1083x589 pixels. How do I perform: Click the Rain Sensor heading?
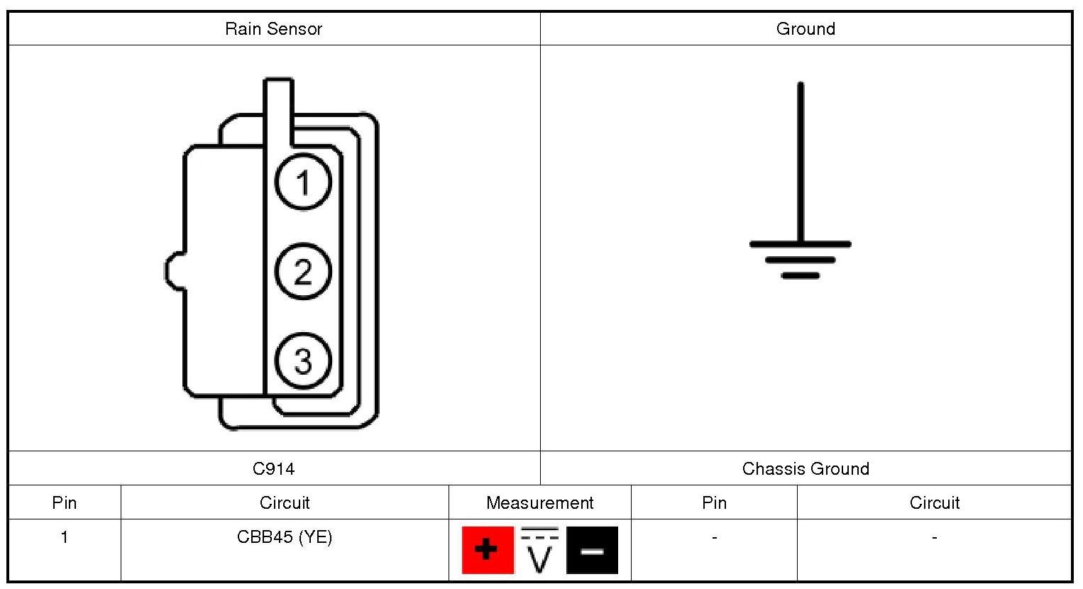[x=273, y=29]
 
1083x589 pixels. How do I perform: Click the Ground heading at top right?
[x=806, y=29]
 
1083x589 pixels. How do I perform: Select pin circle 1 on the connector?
[x=303, y=182]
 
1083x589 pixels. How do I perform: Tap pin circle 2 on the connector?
[x=303, y=272]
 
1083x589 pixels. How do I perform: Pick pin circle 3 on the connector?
[x=303, y=360]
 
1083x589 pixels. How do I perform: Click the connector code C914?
[x=273, y=468]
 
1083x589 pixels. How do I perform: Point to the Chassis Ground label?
[x=806, y=468]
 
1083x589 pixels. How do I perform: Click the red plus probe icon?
[x=488, y=550]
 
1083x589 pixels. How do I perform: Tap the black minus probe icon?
[x=592, y=550]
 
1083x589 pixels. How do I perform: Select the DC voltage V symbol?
[x=540, y=550]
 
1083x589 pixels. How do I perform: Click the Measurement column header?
[x=539, y=502]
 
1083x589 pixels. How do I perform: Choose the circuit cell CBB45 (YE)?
[x=285, y=537]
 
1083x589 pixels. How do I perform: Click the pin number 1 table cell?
[x=65, y=537]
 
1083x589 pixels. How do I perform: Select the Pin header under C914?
[x=65, y=502]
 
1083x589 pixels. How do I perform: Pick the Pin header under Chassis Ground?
[x=714, y=502]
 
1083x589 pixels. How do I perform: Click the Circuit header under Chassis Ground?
[x=934, y=502]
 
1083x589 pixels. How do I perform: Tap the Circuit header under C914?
[x=285, y=502]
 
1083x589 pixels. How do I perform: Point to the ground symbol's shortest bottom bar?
[x=801, y=275]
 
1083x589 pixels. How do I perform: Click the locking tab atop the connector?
[x=278, y=106]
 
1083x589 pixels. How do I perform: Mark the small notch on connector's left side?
[x=173, y=271]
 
